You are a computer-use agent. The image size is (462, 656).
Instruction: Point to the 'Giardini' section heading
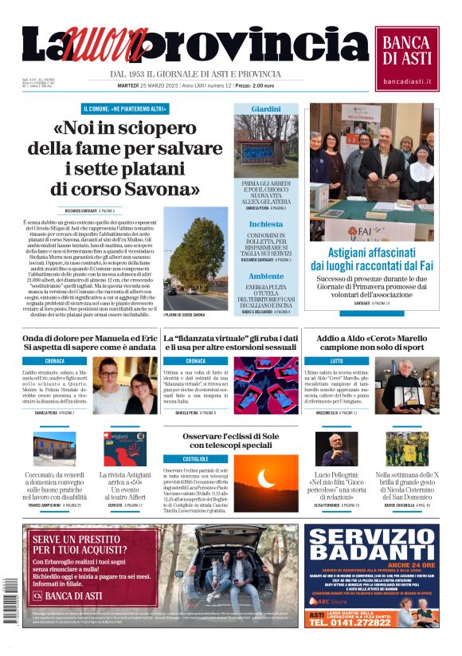[x=266, y=108]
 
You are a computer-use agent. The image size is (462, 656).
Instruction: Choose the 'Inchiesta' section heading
[x=266, y=224]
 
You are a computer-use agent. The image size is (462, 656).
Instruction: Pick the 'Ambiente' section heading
[x=266, y=276]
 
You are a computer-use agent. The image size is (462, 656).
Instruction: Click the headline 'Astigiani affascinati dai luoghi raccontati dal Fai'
[x=372, y=257]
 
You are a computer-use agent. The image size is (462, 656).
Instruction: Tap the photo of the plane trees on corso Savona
[x=195, y=259]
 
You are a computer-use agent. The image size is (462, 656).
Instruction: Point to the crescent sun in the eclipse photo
[x=265, y=477]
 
